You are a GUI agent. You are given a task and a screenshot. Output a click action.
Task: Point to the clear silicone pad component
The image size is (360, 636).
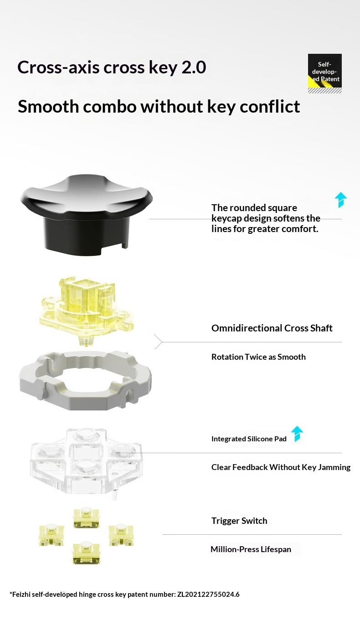(x=86, y=462)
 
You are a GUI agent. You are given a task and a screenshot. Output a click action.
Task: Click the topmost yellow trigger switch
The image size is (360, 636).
(x=86, y=518)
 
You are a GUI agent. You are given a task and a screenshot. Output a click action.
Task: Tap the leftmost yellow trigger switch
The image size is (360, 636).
(x=51, y=535)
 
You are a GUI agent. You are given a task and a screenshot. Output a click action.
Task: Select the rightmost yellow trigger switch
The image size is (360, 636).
(x=121, y=535)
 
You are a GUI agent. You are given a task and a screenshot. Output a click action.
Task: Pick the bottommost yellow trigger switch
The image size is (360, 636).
(x=86, y=553)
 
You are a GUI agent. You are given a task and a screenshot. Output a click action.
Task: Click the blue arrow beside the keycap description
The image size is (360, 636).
(x=341, y=200)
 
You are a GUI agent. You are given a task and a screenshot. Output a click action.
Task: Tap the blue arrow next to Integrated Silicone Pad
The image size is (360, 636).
(x=297, y=434)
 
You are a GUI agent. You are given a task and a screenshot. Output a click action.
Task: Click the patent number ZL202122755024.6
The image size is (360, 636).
(x=208, y=594)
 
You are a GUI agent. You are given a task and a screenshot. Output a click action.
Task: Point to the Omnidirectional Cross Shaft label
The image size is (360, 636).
(x=272, y=328)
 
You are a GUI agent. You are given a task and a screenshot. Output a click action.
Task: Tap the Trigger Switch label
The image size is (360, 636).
(x=239, y=521)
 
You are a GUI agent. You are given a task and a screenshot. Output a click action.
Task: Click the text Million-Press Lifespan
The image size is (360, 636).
(x=251, y=549)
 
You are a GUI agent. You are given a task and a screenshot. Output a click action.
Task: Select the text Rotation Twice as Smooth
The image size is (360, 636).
(x=258, y=357)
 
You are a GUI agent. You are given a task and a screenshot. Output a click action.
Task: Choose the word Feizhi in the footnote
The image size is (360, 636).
(x=21, y=594)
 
